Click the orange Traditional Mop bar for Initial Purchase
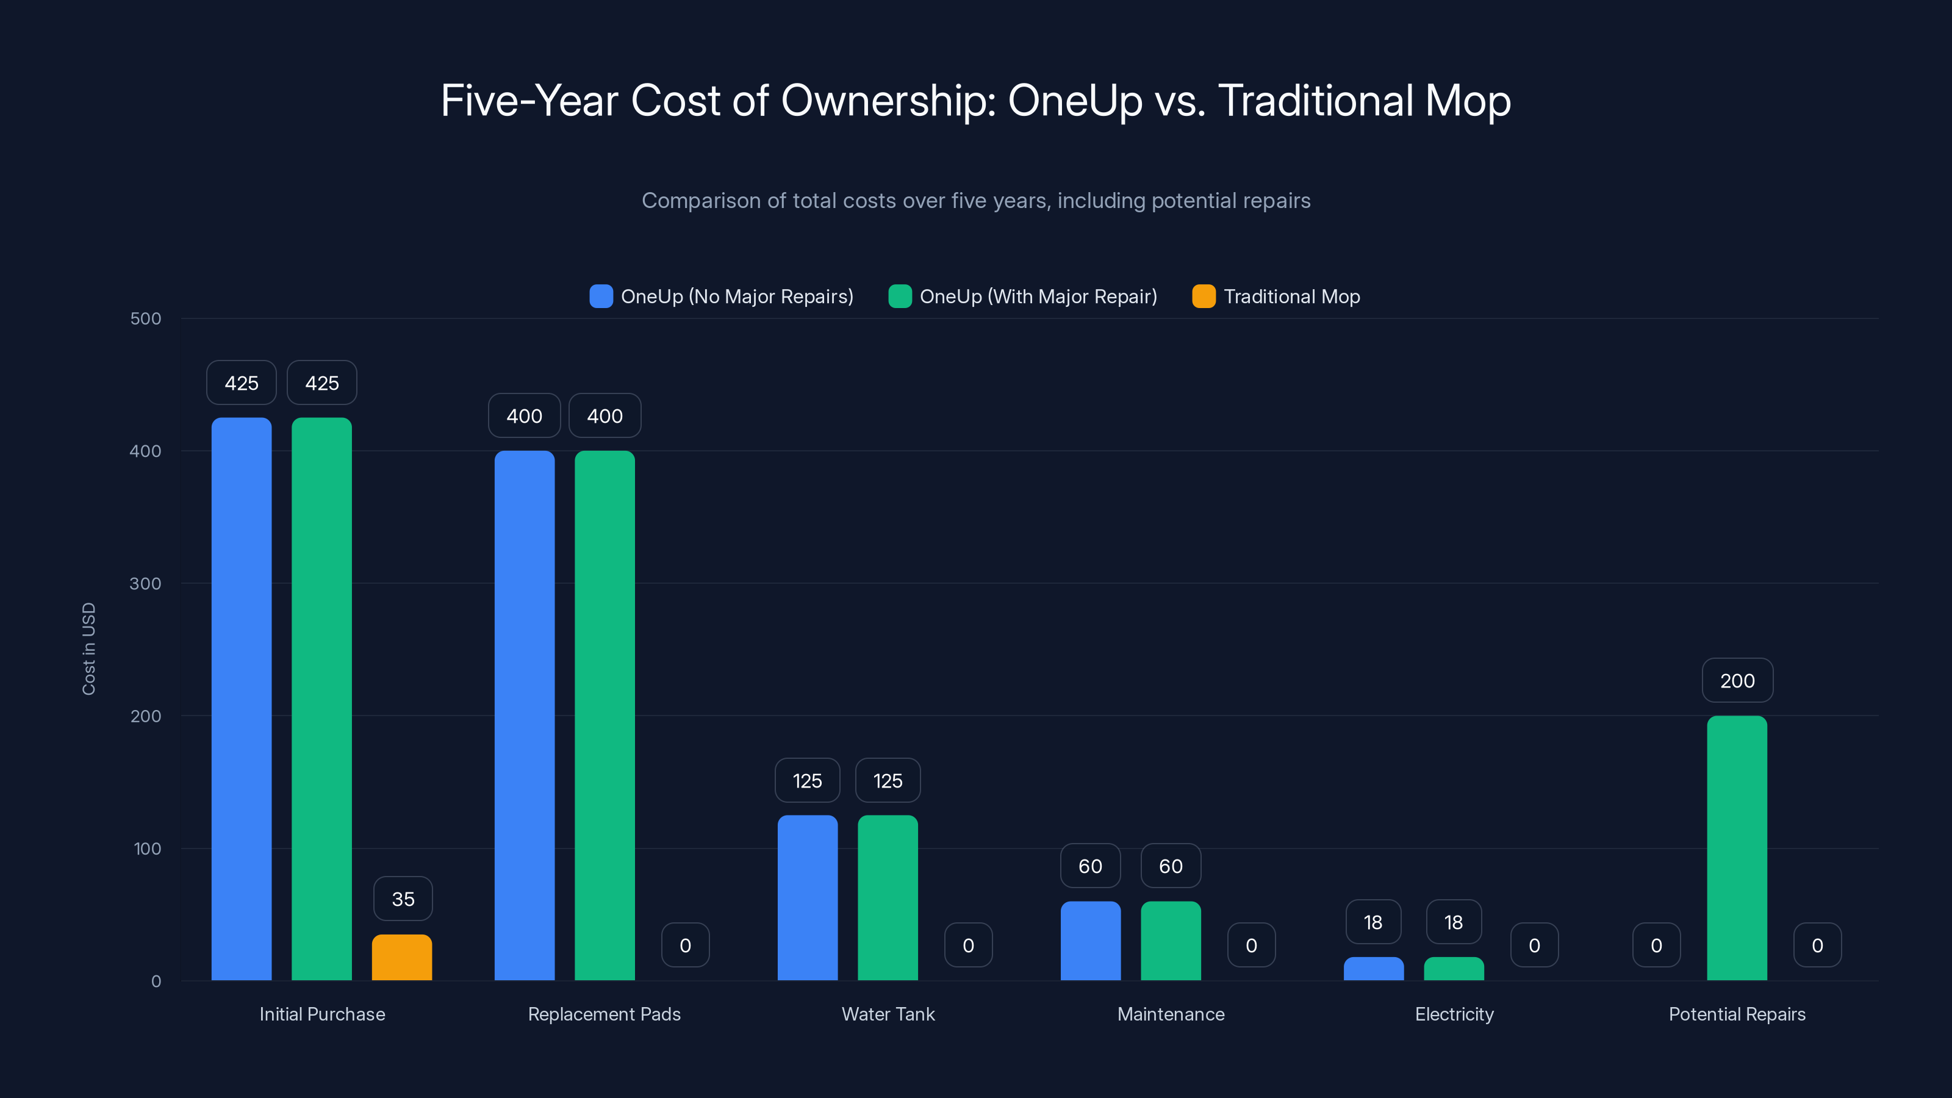[401, 958]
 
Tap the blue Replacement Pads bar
[525, 716]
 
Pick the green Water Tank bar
[888, 897]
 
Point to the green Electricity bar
[1454, 969]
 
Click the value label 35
[403, 899]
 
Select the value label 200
[1737, 681]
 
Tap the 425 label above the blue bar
[241, 382]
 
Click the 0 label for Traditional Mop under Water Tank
[967, 945]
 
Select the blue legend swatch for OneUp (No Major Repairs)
[601, 296]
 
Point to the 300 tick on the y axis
[146, 584]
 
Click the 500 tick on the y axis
[146, 318]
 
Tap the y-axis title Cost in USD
[88, 648]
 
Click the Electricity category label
[1454, 1014]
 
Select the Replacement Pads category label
[604, 1014]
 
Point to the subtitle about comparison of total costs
[976, 200]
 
